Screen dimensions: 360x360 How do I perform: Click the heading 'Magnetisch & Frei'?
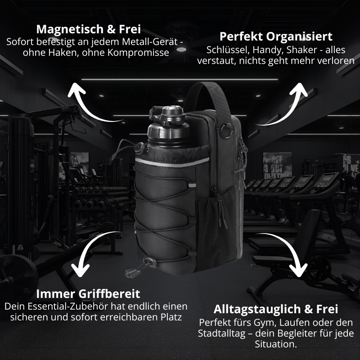[x=88, y=29]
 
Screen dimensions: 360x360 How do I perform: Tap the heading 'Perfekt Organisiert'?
[x=276, y=36]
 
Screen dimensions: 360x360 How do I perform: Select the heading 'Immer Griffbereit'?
[x=88, y=294]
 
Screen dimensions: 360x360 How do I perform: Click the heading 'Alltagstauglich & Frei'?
[x=276, y=310]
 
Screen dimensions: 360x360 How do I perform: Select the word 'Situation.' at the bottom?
[x=276, y=344]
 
